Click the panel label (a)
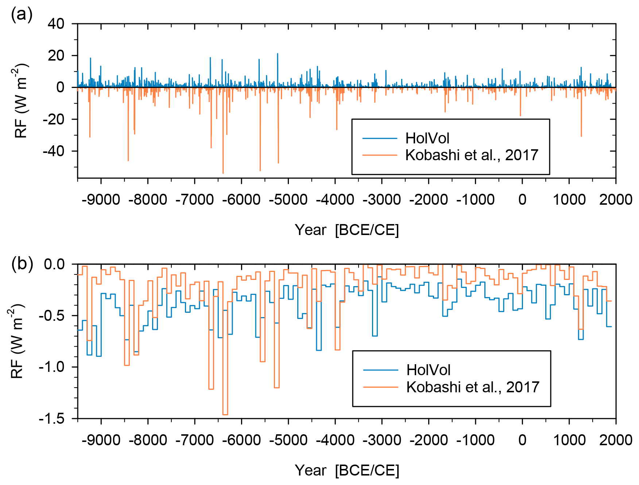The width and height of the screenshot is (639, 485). pos(22,15)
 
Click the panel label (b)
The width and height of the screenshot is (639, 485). pos(22,263)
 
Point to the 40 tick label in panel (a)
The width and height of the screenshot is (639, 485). pos(56,24)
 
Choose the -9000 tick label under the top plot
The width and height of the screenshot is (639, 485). pos(101,200)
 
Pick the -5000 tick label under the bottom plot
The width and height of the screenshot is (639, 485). pos(288,440)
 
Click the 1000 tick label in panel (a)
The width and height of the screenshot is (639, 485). pos(569,200)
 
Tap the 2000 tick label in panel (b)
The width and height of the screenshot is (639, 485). pos(616,440)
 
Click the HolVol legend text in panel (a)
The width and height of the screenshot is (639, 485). pos(427,138)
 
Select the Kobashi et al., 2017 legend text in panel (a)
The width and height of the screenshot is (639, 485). pos(472,155)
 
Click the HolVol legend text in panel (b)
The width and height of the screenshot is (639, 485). pos(428,370)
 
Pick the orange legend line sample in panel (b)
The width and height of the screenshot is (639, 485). pos(380,387)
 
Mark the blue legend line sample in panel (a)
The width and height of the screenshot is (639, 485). pos(379,138)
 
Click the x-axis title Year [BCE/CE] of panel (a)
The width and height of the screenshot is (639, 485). pos(346,230)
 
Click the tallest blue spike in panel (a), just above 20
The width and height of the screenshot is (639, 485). pos(278,54)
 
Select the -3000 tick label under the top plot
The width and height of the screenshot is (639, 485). pos(382,200)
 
